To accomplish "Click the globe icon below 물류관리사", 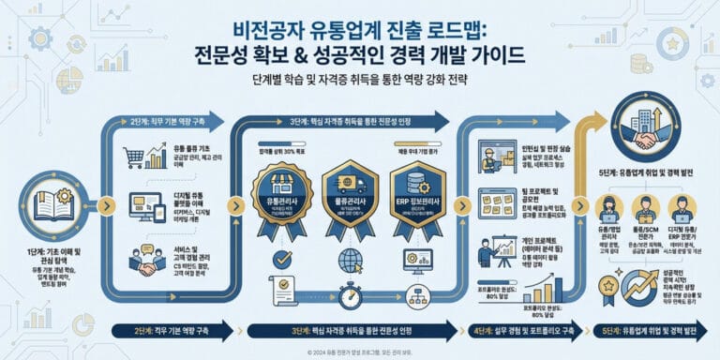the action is [x=351, y=258].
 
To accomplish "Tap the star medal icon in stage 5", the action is [x=607, y=284].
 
